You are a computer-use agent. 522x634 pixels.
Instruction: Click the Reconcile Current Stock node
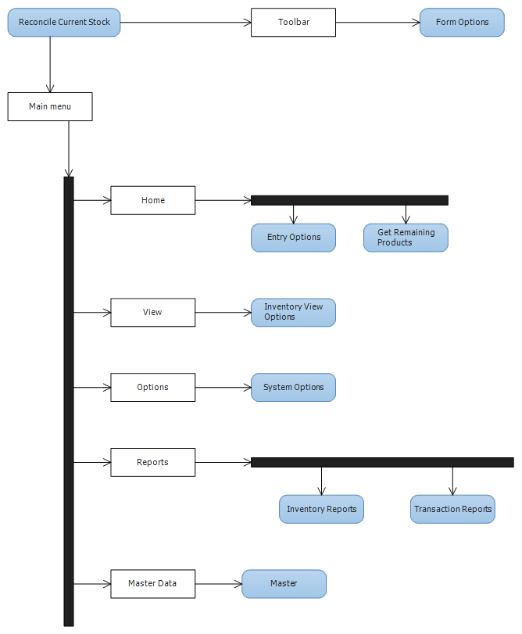pos(64,23)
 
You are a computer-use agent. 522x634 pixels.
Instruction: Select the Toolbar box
pos(293,23)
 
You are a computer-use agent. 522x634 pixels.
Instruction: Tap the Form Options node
pos(462,23)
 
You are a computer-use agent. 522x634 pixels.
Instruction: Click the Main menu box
pos(50,106)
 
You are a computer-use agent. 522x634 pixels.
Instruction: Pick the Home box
pos(153,200)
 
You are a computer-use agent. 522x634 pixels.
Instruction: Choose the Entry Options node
pos(293,238)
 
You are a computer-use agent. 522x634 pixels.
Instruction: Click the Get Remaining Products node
pos(406,238)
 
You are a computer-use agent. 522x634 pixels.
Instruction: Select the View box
pos(153,313)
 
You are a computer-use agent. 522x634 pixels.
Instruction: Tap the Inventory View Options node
pos(293,313)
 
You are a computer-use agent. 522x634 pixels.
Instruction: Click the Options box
pos(153,388)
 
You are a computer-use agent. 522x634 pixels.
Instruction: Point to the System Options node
pos(293,388)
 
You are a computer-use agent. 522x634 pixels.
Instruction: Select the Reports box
pos(153,463)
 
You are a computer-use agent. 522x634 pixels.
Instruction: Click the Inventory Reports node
pos(321,510)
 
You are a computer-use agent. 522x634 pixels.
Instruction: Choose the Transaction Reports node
pos(452,510)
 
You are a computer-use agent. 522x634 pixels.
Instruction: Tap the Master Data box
pos(153,584)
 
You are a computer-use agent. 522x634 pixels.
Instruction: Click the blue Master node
pos(284,584)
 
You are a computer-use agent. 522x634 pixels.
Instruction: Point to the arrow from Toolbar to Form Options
pos(377,23)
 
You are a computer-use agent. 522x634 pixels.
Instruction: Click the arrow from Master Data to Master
pos(218,584)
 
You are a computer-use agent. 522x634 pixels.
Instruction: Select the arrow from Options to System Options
pos(223,388)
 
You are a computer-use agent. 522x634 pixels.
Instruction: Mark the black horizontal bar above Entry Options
pos(349,200)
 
